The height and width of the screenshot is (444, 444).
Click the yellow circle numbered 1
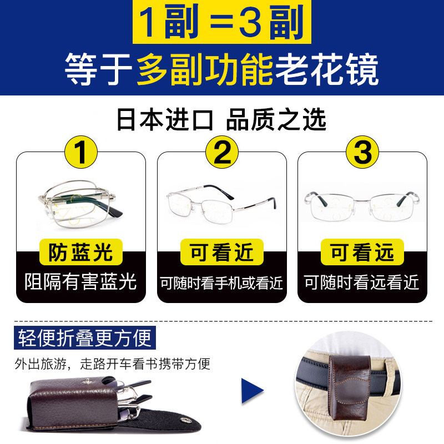(x=81, y=152)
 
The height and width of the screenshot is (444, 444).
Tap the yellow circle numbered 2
(x=222, y=152)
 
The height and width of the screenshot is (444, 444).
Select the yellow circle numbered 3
(x=362, y=152)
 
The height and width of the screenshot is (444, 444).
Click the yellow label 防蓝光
(x=81, y=253)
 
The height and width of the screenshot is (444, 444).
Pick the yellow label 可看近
(x=222, y=253)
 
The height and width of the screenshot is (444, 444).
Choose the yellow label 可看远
(x=362, y=253)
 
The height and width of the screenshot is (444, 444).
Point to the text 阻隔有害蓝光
(x=81, y=282)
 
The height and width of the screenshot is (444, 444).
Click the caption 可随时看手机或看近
(x=222, y=283)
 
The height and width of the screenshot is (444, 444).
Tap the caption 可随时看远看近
(x=362, y=283)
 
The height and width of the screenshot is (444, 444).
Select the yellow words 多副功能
(x=205, y=69)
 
